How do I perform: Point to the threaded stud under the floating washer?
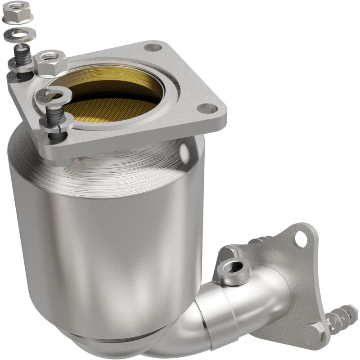22,56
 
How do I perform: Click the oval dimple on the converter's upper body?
184,152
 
